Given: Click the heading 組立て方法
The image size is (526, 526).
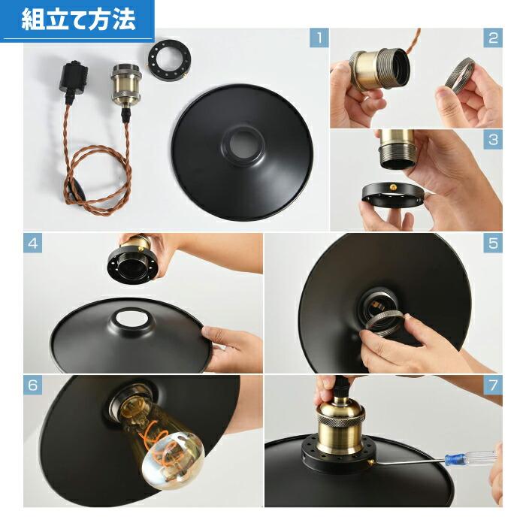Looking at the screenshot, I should (78, 20).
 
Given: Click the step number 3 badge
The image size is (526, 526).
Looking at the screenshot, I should (493, 139).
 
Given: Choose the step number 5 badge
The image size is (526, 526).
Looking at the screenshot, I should (493, 243).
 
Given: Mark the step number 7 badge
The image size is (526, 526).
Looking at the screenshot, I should (493, 386).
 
